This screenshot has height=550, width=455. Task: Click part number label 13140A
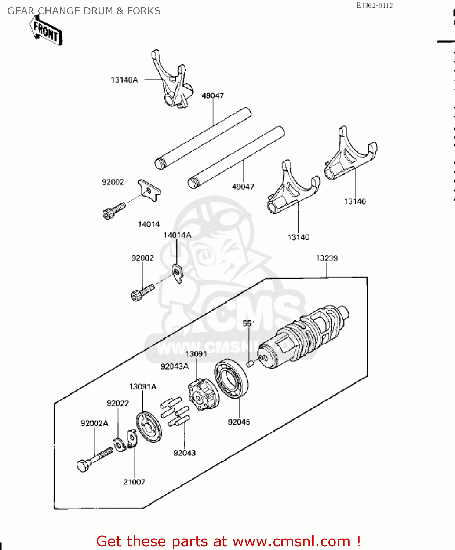[124, 80]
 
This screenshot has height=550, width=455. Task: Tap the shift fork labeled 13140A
[171, 82]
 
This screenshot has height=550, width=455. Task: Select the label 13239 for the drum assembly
[327, 258]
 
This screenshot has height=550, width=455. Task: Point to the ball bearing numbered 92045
[231, 379]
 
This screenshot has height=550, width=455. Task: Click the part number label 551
[249, 323]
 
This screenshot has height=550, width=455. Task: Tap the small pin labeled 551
[250, 363]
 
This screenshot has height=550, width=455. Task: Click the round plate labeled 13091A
[148, 427]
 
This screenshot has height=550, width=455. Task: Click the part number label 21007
[134, 482]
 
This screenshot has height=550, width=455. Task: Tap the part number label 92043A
[175, 366]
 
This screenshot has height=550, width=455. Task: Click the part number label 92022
[118, 403]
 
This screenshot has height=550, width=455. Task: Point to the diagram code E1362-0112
[374, 5]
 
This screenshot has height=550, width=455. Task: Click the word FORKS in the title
[144, 11]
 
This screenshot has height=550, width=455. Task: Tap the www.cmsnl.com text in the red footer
[291, 541]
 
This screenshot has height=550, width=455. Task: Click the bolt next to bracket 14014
[114, 210]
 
